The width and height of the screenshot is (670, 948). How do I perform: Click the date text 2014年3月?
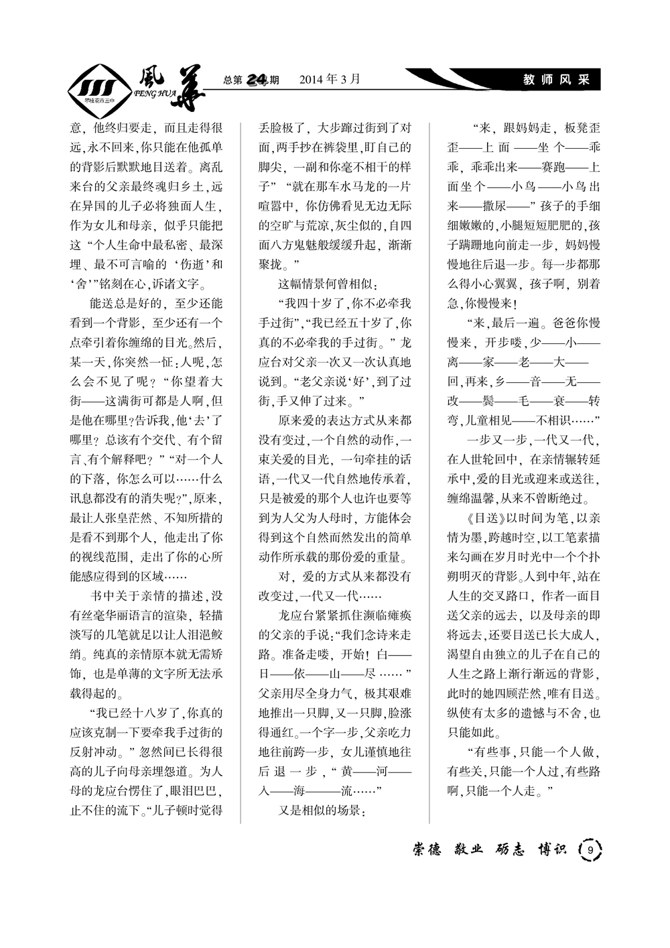329,79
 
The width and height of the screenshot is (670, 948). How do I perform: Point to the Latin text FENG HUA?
155,95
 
